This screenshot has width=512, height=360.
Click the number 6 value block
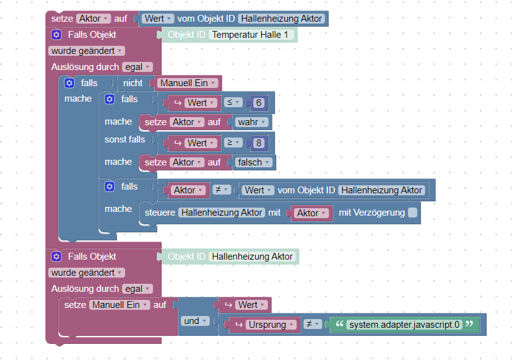258,103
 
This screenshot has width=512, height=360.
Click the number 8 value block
258,143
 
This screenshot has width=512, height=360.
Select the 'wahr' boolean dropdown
251,122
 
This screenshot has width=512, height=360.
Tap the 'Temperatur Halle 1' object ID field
251,35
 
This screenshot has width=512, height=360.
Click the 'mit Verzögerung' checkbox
412,213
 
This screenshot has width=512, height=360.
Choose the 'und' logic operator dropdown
194,321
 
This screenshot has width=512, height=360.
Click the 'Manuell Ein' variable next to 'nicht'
188,82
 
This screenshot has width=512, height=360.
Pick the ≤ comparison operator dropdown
233,102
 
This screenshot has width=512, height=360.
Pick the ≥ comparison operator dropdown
233,143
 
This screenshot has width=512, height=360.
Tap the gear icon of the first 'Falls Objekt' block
56,35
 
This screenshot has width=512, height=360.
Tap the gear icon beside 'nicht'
69,83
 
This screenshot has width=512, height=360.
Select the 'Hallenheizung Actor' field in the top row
282,19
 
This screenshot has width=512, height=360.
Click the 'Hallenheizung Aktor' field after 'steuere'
221,213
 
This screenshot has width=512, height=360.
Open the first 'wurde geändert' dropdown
86,51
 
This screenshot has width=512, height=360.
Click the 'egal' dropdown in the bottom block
136,289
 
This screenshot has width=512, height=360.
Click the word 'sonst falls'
124,139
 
